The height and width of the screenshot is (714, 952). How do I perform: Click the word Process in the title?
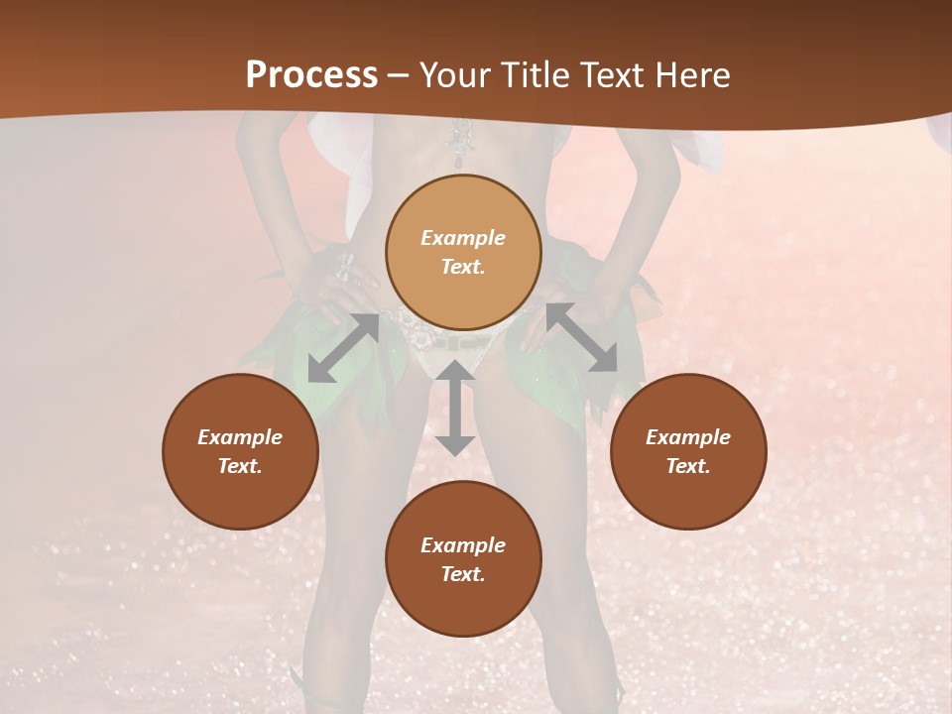coord(311,75)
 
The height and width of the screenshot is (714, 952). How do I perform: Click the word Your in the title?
coord(454,75)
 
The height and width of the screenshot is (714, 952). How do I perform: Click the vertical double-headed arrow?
coord(455,409)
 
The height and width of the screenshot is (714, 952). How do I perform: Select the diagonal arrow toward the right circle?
coord(581,337)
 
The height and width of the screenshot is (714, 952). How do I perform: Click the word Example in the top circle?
coord(463,238)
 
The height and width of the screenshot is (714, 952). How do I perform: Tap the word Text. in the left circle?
coord(240,466)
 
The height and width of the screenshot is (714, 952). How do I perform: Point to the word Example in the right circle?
coord(688,437)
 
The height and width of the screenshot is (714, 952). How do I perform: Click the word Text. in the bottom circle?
coord(463,574)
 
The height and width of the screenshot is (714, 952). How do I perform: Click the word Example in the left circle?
coord(240,437)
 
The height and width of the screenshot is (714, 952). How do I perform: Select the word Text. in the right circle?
coord(688,466)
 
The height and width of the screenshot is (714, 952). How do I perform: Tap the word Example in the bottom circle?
coord(463,545)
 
